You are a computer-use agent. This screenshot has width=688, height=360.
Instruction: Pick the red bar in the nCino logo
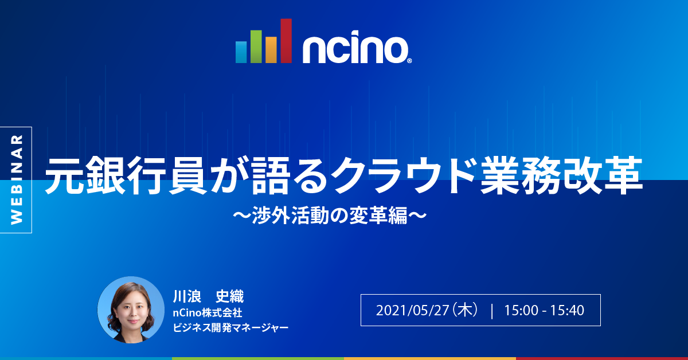[x=286, y=40]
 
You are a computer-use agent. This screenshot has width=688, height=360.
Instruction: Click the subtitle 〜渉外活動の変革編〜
[x=330, y=216]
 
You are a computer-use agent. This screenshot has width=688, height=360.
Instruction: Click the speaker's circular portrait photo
[x=131, y=310]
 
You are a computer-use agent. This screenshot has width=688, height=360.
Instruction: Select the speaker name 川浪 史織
[x=208, y=296]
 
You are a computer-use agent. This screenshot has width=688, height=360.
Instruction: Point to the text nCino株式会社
[x=208, y=313]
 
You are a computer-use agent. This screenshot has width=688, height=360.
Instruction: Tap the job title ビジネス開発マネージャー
[x=230, y=328]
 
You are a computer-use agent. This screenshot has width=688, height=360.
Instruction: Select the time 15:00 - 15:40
[x=544, y=311]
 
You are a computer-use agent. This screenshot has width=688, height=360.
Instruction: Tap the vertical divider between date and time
[x=492, y=311]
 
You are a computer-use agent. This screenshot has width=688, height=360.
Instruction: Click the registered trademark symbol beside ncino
[x=409, y=60]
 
